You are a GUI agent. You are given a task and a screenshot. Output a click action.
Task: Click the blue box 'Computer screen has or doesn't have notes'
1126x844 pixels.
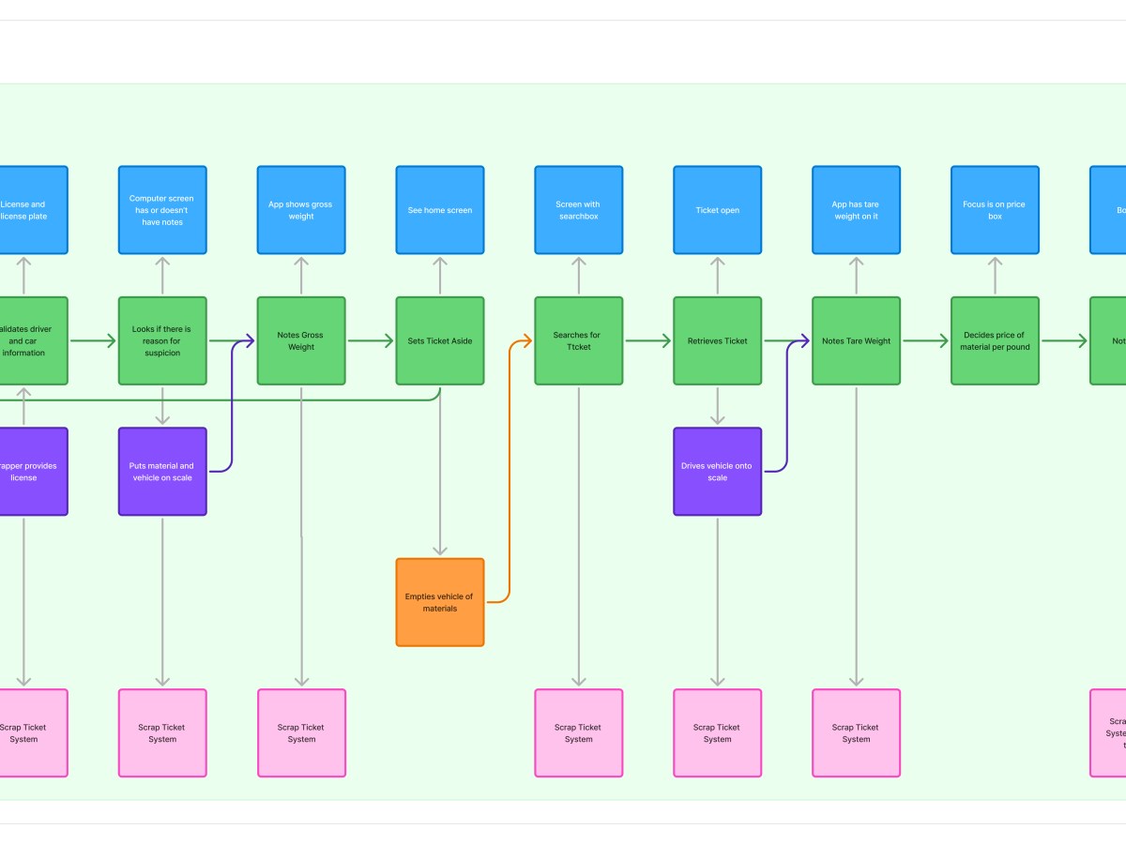162,210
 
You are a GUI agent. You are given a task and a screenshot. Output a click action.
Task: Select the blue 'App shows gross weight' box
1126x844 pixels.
301,210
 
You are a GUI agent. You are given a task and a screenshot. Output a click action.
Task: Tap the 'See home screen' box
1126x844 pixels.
440,210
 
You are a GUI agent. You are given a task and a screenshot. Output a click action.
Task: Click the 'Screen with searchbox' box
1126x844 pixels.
578,210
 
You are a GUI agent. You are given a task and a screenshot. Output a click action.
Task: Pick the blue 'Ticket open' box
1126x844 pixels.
717,210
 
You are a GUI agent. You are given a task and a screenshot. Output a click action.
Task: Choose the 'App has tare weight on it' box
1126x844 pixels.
856,210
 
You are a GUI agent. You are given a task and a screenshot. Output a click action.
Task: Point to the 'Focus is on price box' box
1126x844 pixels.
995,210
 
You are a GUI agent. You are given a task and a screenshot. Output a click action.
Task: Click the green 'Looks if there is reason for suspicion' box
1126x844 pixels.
162,340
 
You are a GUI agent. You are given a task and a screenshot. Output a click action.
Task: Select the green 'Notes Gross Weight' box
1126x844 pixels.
301,340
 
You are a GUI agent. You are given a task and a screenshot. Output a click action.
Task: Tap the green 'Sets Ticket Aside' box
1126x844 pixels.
440,340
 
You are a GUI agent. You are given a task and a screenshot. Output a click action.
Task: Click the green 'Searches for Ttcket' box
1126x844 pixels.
578,340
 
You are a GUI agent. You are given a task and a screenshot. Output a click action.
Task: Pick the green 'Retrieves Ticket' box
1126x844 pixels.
717,340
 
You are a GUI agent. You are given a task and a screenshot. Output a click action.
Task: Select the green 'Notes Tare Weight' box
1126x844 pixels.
856,340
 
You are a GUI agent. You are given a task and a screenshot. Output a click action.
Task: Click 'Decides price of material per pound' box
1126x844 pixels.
995,340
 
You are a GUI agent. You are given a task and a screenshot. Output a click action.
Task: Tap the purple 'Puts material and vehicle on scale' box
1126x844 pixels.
162,472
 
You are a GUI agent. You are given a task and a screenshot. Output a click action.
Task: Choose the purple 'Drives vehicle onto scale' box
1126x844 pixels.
717,472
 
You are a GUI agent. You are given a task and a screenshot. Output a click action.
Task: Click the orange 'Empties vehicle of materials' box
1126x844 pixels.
440,602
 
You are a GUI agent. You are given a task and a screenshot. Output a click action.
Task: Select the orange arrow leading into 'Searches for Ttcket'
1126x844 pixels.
510,469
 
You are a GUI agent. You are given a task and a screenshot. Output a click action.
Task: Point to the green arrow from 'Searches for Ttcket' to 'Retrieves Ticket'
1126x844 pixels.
647,341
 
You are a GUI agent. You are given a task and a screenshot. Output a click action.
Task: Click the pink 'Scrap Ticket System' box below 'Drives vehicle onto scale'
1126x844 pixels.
717,732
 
